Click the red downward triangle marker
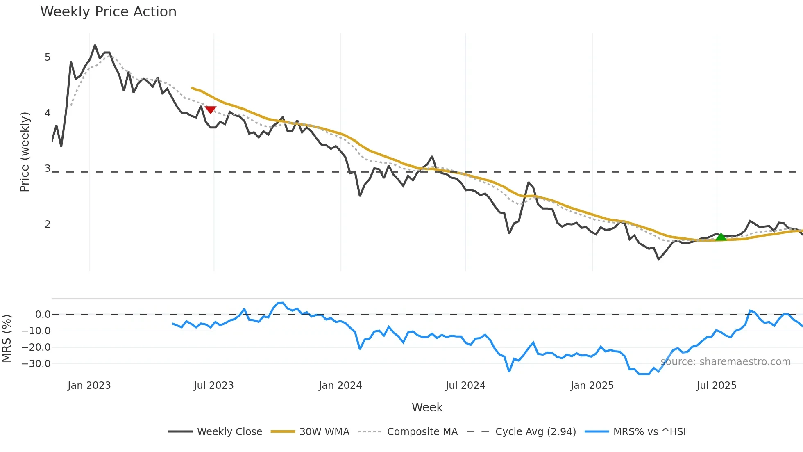point(210,110)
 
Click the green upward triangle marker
point(721,237)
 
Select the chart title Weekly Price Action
point(108,11)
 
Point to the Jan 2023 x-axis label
point(89,386)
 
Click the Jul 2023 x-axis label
point(213,386)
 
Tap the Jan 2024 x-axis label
point(340,386)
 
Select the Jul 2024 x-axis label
point(465,386)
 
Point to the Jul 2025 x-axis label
point(716,386)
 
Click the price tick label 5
point(48,57)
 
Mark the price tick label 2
point(48,224)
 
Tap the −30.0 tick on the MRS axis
point(36,364)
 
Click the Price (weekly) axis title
point(25,152)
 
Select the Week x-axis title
point(427,407)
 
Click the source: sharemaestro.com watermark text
point(725,362)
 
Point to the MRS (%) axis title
point(7,338)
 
